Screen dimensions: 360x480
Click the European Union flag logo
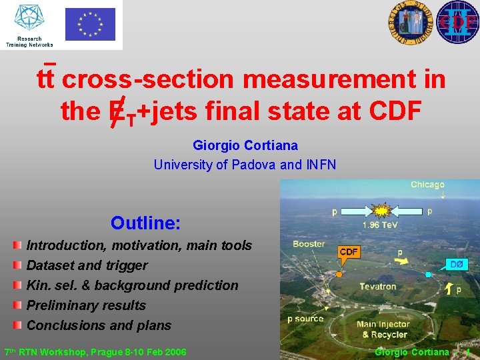coord(90,24)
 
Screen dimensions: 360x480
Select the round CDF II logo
coord(457,22)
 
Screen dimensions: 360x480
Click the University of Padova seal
coord(408,23)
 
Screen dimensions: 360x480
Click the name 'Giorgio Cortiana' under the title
coord(245,145)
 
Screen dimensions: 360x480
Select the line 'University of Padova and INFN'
coord(245,165)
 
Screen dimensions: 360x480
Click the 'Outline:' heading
coord(145,223)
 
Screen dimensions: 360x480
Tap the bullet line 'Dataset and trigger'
coord(87,265)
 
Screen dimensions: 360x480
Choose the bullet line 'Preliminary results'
coord(85,305)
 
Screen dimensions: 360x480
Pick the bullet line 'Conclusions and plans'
coord(99,325)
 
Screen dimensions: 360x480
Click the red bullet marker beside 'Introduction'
coord(17,245)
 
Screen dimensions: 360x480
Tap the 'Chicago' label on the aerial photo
coord(427,185)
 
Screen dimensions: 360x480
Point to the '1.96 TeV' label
coord(381,225)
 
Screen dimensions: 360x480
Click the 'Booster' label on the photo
coord(310,244)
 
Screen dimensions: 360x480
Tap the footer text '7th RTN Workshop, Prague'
coord(95,352)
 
